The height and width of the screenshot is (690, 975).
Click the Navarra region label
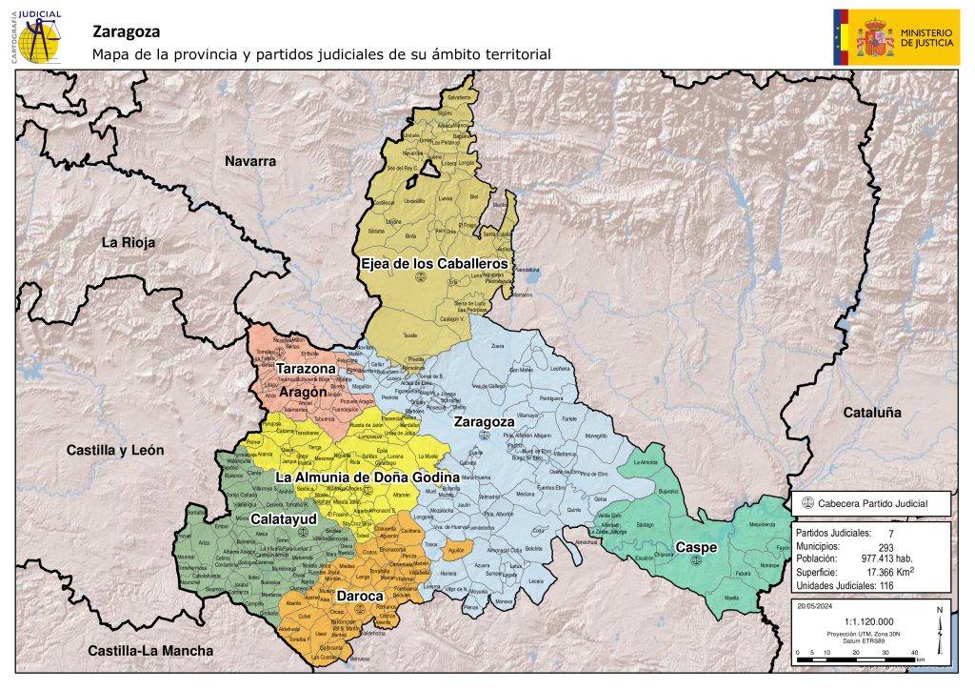coord(250,161)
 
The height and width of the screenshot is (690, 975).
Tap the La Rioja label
coord(129,243)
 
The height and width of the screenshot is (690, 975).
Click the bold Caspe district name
coord(696,547)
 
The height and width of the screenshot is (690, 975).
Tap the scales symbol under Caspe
coord(692,561)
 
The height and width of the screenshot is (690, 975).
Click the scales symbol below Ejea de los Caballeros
coord(420,277)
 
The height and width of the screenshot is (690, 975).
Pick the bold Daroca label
coord(359,596)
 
